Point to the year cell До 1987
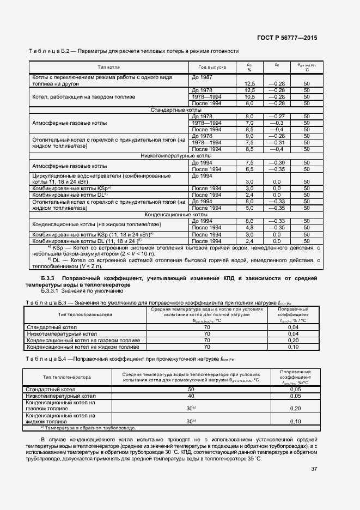pyautogui.click(x=202, y=78)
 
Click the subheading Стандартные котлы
pyautogui.click(x=173, y=110)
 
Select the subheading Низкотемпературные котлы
pyautogui.click(x=173, y=156)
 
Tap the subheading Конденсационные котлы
pyautogui.click(x=173, y=215)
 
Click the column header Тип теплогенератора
pyautogui.click(x=67, y=377)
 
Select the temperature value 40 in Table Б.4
pyautogui.click(x=191, y=396)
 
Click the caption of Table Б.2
pyautogui.click(x=133, y=51)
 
